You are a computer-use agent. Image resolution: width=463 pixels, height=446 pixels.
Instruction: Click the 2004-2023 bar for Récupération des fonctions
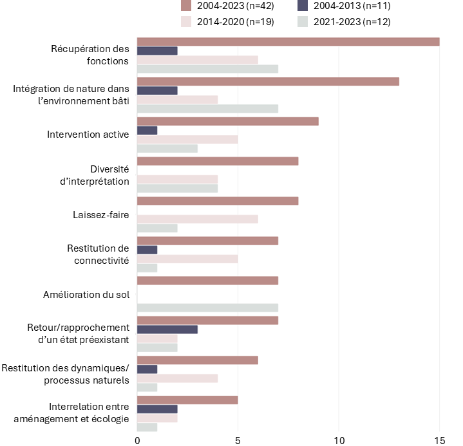click(288, 42)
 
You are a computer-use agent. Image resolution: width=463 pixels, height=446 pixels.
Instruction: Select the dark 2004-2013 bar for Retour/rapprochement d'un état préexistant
click(167, 330)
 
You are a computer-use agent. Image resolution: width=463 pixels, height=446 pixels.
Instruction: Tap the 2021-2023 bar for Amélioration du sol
click(207, 308)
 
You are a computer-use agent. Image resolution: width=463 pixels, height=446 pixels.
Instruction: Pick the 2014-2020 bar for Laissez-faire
click(197, 219)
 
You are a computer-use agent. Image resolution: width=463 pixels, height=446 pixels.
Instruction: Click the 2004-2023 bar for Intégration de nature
click(268, 81)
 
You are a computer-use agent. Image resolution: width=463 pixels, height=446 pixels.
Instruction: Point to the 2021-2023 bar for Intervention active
click(167, 149)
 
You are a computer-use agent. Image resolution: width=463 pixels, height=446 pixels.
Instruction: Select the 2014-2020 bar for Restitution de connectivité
click(187, 259)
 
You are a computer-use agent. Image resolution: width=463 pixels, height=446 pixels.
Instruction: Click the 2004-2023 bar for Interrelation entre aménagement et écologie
click(187, 400)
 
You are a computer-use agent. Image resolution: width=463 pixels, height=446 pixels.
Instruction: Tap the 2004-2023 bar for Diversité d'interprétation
click(218, 161)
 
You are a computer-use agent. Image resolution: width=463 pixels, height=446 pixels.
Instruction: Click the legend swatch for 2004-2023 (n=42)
click(187, 6)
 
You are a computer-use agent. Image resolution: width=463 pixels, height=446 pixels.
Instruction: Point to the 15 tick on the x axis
click(439, 440)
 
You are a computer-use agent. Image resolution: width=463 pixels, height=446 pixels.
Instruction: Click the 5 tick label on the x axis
click(238, 440)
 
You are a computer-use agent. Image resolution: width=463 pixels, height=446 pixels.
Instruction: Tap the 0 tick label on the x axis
click(137, 440)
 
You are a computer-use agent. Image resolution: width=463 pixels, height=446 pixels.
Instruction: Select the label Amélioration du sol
click(86, 294)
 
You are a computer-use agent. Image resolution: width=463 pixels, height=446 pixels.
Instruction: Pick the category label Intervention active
click(88, 135)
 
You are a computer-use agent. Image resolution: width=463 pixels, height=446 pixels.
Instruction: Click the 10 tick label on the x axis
click(339, 440)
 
